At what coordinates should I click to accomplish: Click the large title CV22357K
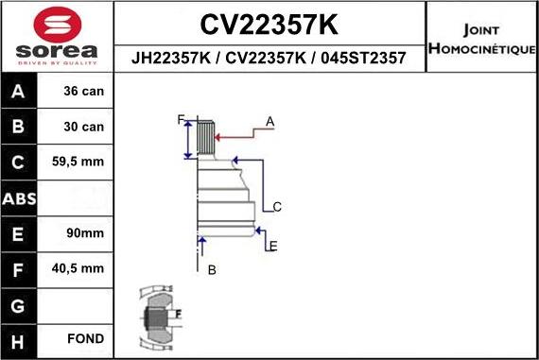click(x=269, y=23)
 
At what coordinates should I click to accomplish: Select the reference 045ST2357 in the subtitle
click(x=365, y=58)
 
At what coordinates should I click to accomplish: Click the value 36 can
click(x=84, y=92)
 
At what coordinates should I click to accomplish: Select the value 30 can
click(x=84, y=127)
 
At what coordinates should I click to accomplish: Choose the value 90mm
click(x=84, y=232)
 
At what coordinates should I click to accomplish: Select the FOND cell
click(x=84, y=338)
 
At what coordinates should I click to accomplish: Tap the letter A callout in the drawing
click(x=269, y=121)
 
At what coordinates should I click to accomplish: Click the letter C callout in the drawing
click(x=276, y=206)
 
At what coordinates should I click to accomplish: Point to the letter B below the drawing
click(x=212, y=269)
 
